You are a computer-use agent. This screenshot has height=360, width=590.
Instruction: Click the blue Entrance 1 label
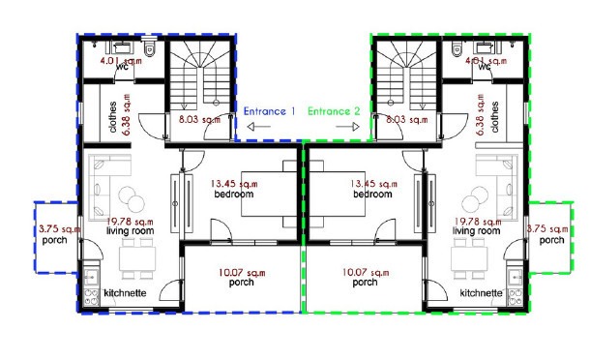(269, 111)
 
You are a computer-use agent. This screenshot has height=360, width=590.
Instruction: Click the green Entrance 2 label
(334, 111)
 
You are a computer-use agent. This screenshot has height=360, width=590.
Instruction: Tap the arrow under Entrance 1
(259, 127)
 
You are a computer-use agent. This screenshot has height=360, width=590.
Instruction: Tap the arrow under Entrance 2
(347, 127)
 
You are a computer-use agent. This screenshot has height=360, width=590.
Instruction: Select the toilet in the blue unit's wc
(149, 49)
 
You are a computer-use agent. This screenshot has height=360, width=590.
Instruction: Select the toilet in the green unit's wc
(457, 49)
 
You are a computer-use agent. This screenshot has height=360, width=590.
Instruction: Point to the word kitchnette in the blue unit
(125, 293)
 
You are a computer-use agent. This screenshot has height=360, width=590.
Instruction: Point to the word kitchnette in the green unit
(482, 293)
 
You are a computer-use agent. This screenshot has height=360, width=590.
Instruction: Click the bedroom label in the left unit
(234, 195)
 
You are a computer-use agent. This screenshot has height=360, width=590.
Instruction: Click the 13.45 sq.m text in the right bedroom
(373, 184)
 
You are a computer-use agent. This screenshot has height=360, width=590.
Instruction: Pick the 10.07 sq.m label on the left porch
(242, 272)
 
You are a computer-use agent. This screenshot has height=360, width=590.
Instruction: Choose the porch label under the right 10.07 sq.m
(365, 283)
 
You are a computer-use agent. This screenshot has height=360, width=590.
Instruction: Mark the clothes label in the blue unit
(112, 117)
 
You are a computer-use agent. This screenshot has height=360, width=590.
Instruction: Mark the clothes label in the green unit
(494, 117)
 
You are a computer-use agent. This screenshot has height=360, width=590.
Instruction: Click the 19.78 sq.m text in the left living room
(130, 222)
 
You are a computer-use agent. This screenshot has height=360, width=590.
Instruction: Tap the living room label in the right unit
(477, 231)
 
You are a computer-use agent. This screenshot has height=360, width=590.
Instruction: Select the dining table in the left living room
(137, 258)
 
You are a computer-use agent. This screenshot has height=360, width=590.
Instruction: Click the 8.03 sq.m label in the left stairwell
(199, 120)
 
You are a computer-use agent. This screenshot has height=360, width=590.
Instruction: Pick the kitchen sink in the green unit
(515, 278)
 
